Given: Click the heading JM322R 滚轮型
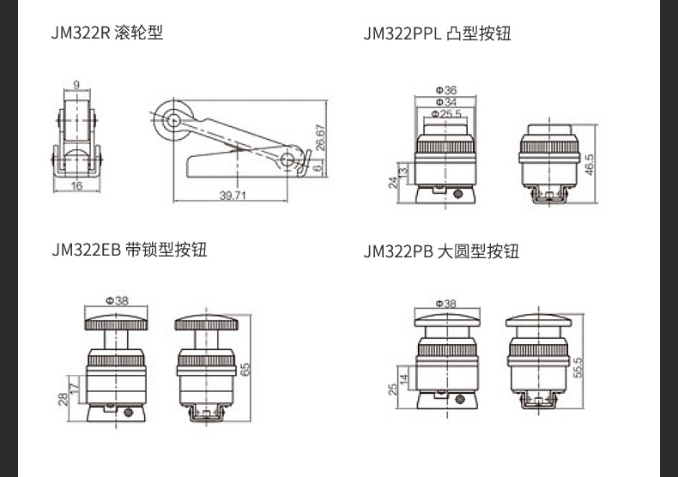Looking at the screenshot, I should [x=107, y=33].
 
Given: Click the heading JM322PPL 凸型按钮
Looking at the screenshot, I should [x=437, y=34].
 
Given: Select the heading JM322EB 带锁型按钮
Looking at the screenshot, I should [x=129, y=250].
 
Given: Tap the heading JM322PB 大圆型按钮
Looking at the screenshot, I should [x=441, y=251].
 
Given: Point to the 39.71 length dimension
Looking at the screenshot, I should [x=232, y=196].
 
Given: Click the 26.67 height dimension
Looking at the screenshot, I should [x=320, y=138].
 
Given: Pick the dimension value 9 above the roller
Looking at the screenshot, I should [x=76, y=84].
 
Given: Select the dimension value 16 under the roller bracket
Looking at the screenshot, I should [x=76, y=185].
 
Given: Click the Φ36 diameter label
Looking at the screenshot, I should [x=445, y=90].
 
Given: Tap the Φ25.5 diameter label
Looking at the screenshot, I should [x=445, y=112].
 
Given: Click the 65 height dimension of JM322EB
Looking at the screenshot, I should [x=246, y=369].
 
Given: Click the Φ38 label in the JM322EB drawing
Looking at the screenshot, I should [x=117, y=300].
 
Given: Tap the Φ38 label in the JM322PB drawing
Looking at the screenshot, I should [x=445, y=303].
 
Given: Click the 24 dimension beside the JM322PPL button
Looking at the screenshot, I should [x=393, y=181].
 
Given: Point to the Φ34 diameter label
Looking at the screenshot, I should [x=445, y=101].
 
